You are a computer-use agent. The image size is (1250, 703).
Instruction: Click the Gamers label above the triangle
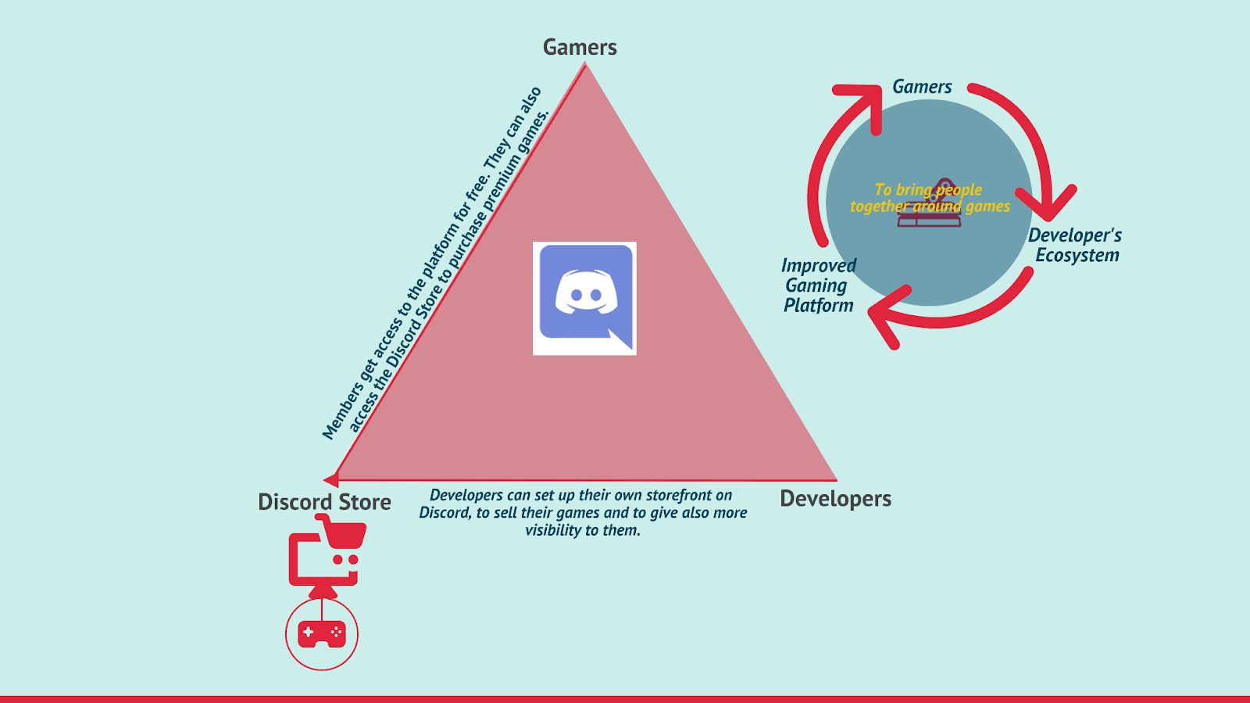pyautogui.click(x=580, y=48)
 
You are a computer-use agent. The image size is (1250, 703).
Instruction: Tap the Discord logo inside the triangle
pyautogui.click(x=584, y=298)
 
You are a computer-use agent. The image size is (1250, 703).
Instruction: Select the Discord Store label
pyautogui.click(x=324, y=502)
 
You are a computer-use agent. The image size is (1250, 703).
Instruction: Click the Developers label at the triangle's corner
pyautogui.click(x=835, y=499)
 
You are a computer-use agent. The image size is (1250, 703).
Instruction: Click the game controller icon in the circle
pyautogui.click(x=322, y=633)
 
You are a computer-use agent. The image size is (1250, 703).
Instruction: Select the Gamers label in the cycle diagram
pyautogui.click(x=922, y=87)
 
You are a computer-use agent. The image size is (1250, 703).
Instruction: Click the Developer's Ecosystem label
pyautogui.click(x=1075, y=246)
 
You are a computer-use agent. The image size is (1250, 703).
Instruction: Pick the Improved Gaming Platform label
pyautogui.click(x=819, y=285)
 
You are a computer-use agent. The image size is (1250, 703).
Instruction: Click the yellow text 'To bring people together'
pyautogui.click(x=929, y=198)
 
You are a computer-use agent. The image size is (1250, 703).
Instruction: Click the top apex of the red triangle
pyautogui.click(x=585, y=66)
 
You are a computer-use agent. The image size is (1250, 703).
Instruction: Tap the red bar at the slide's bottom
pyautogui.click(x=625, y=698)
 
